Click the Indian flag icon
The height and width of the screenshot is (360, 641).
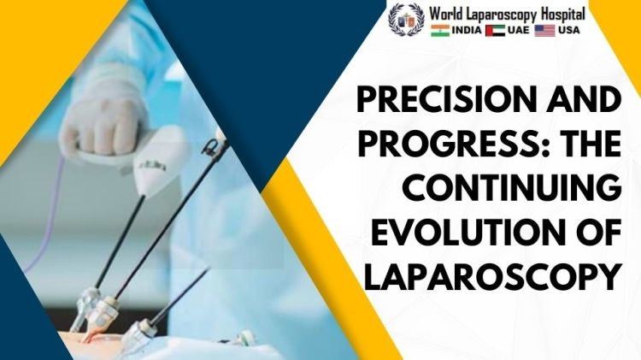440,31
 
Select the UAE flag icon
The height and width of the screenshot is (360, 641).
495,31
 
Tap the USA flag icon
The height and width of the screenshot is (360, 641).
545,31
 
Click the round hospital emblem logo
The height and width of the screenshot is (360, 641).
406,19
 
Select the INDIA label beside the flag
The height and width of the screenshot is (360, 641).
467,30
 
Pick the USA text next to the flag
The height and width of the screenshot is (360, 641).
568,30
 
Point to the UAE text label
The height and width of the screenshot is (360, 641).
518,30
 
